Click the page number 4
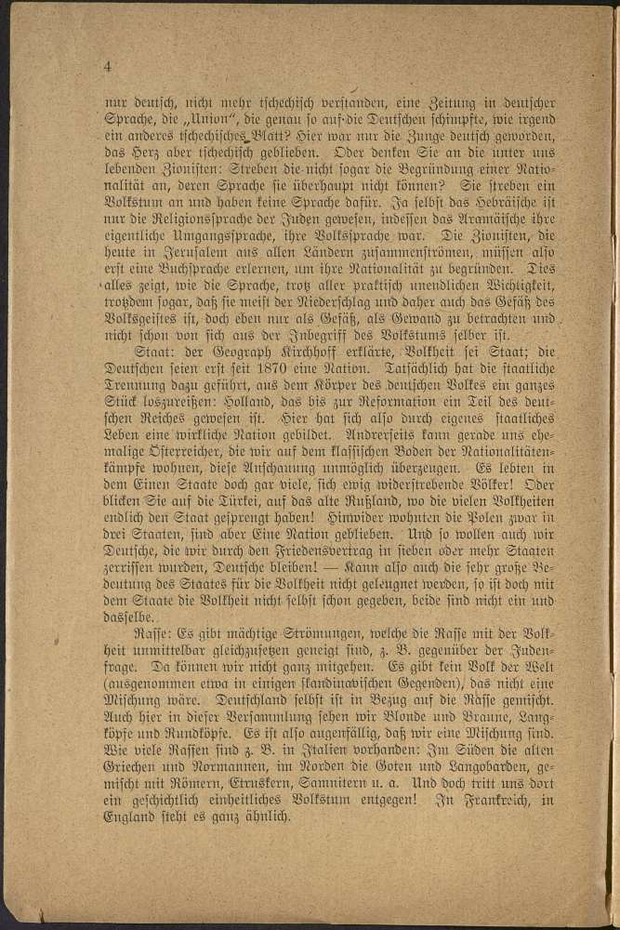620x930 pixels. coord(109,66)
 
